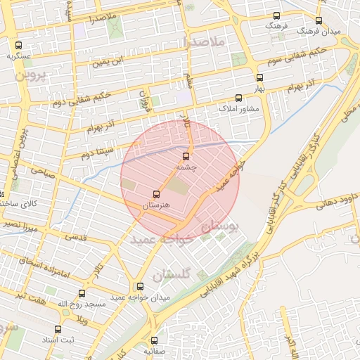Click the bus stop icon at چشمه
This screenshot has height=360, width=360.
coord(186,156)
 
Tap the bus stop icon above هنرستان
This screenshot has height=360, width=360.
coord(156,194)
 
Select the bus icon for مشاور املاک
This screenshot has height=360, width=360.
coord(238,98)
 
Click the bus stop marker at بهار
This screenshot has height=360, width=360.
coord(260,78)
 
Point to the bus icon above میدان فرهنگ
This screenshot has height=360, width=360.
coord(319,21)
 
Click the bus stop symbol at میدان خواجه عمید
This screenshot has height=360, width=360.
coord(140,287)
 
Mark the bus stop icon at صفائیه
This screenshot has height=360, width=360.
coord(155,340)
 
